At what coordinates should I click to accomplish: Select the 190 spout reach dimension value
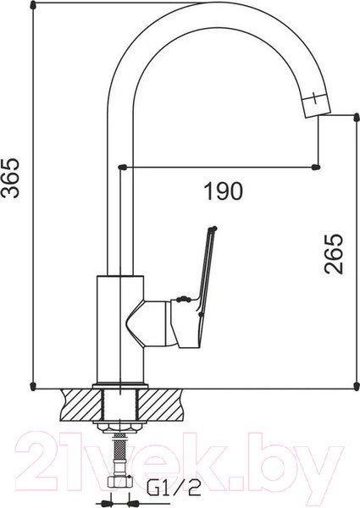223,191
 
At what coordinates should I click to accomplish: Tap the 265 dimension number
335,254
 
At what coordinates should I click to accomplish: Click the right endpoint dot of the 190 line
318,166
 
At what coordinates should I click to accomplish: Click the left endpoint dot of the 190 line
124,166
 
